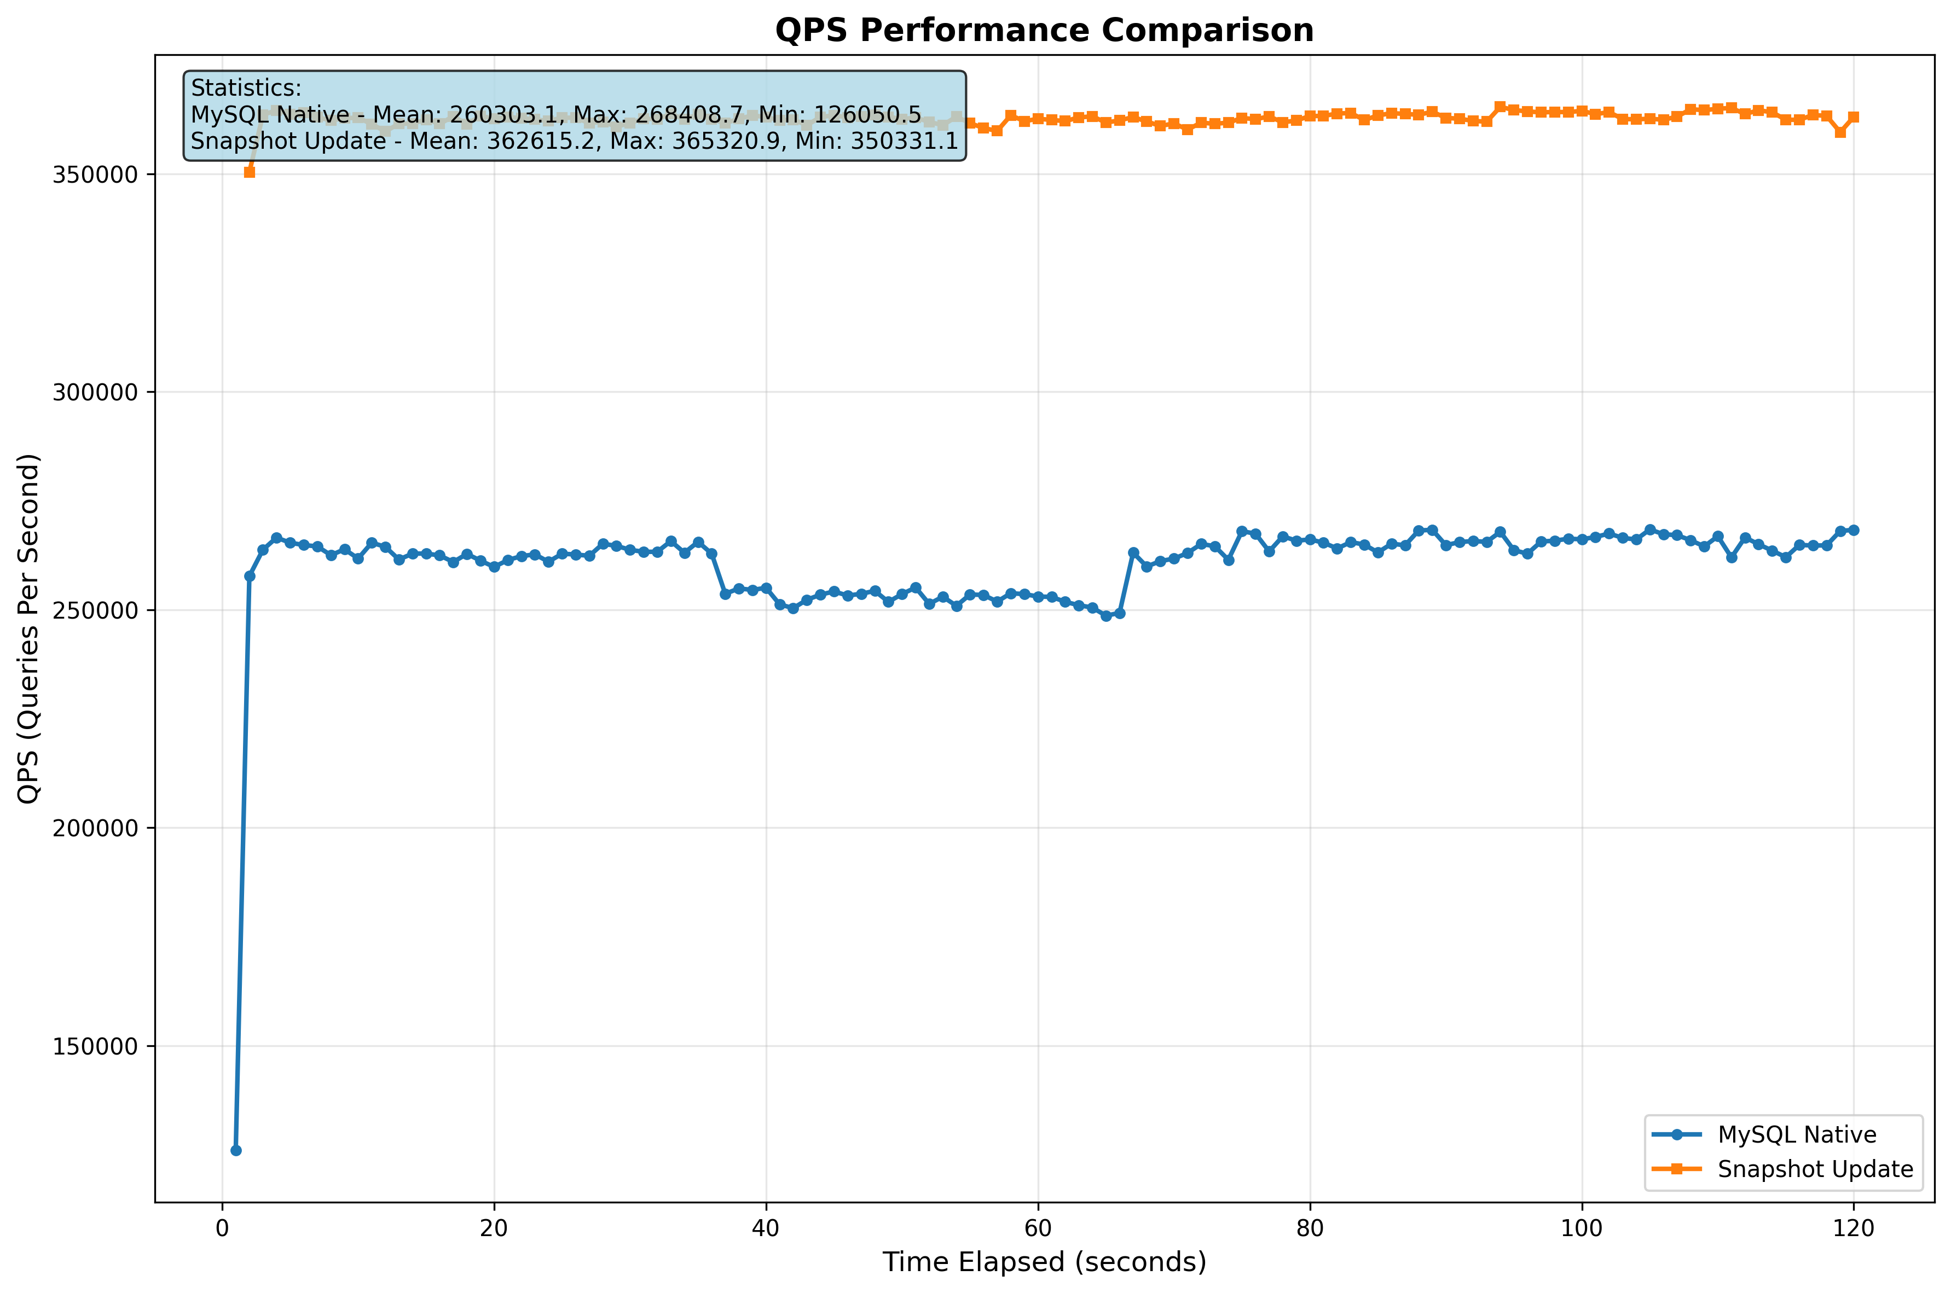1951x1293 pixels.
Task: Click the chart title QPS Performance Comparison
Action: tap(1044, 31)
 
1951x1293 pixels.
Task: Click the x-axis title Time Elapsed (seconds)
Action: tap(1044, 1262)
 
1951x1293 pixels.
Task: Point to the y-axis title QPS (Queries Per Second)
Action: tap(29, 628)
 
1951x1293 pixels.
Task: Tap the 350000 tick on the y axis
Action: tap(95, 175)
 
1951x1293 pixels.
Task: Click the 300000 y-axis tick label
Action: tap(95, 393)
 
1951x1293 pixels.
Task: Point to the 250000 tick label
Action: tap(95, 611)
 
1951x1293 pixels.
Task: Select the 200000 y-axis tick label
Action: tap(95, 829)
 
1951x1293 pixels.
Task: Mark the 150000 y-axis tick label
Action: tap(95, 1046)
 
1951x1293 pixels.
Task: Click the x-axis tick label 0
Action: tap(222, 1228)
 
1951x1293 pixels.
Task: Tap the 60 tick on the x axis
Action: tap(1038, 1228)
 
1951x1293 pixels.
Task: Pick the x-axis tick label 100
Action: tap(1582, 1228)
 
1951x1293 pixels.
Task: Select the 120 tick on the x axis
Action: tap(1854, 1228)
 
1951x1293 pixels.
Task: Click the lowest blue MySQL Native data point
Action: tap(236, 1150)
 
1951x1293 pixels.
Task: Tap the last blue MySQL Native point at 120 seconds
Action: tap(1854, 530)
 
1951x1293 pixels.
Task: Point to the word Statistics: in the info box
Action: tap(246, 88)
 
